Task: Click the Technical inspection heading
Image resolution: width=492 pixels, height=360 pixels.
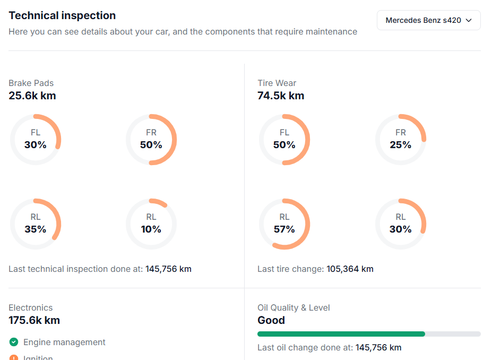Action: [62, 15]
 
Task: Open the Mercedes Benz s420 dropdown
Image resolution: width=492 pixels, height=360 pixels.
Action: [428, 20]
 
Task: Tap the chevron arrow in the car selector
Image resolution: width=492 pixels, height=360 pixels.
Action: [469, 21]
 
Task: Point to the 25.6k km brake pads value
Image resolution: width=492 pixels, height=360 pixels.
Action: [32, 96]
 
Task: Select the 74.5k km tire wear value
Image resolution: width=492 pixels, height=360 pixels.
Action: [281, 96]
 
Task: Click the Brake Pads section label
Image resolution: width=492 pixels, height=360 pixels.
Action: [31, 83]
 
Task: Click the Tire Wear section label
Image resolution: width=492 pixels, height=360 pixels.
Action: [277, 83]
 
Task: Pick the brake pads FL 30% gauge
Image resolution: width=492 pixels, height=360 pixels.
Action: [36, 140]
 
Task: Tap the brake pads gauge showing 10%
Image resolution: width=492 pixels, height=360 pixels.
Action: [151, 224]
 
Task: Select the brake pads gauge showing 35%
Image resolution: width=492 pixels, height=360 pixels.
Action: [36, 224]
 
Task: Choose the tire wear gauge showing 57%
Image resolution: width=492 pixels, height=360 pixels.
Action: [284, 224]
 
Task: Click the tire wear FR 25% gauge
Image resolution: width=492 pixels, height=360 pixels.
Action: [400, 140]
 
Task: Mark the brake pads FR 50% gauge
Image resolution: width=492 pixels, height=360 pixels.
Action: [151, 140]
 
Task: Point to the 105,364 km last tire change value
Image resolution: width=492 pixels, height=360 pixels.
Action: [350, 269]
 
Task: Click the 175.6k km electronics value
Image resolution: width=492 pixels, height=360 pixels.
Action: [34, 320]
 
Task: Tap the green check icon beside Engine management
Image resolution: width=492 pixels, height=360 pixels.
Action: [14, 342]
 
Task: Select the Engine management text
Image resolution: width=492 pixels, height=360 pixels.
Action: [64, 342]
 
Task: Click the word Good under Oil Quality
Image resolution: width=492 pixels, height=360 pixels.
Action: [271, 320]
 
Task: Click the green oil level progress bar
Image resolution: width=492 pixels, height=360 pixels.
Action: [341, 334]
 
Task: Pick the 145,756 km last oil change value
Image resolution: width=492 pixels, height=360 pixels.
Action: [378, 348]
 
